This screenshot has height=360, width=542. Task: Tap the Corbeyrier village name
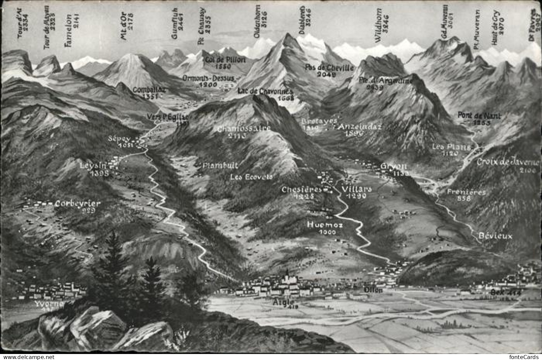pos(78,204)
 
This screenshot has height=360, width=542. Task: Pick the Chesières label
pos(302,190)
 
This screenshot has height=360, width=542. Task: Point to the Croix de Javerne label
pos(507,162)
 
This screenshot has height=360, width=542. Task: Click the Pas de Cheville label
pos(329,68)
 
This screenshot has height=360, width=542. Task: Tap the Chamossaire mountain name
pos(244,128)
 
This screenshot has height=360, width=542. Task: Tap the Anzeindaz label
pos(360,127)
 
